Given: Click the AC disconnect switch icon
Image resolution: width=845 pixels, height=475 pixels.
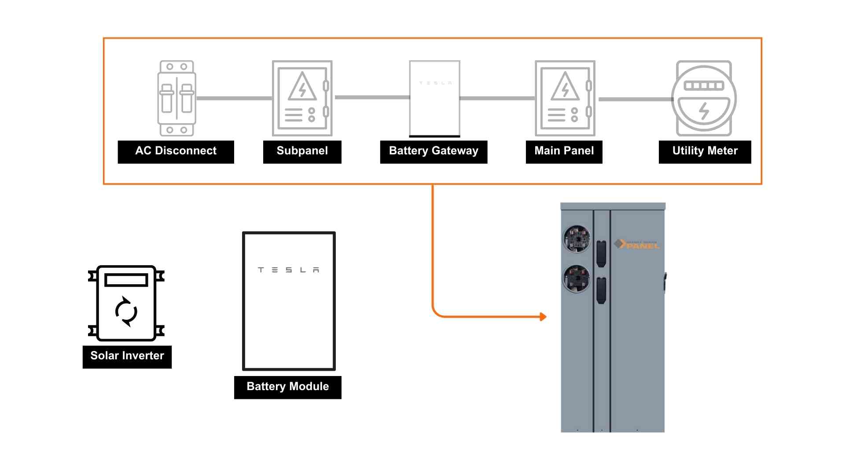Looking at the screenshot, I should click(176, 98).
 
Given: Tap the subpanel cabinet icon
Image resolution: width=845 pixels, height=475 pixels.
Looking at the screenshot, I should click(302, 98).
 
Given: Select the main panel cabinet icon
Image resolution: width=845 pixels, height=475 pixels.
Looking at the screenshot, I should click(565, 98).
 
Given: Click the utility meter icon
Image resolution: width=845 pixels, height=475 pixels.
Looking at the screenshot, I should click(704, 98).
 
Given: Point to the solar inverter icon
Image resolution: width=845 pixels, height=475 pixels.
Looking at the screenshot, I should click(126, 303).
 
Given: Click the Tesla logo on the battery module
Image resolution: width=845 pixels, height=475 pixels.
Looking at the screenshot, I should click(288, 270).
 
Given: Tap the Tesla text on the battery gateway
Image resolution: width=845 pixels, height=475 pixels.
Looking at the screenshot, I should click(435, 83).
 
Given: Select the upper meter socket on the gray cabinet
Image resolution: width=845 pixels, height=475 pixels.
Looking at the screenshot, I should click(577, 239).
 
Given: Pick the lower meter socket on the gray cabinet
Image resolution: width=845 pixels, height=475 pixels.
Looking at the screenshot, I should click(577, 278).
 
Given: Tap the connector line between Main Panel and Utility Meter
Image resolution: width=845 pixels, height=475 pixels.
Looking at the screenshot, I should click(636, 99).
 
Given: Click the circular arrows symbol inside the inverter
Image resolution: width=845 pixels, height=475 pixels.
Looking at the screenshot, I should click(126, 312).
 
